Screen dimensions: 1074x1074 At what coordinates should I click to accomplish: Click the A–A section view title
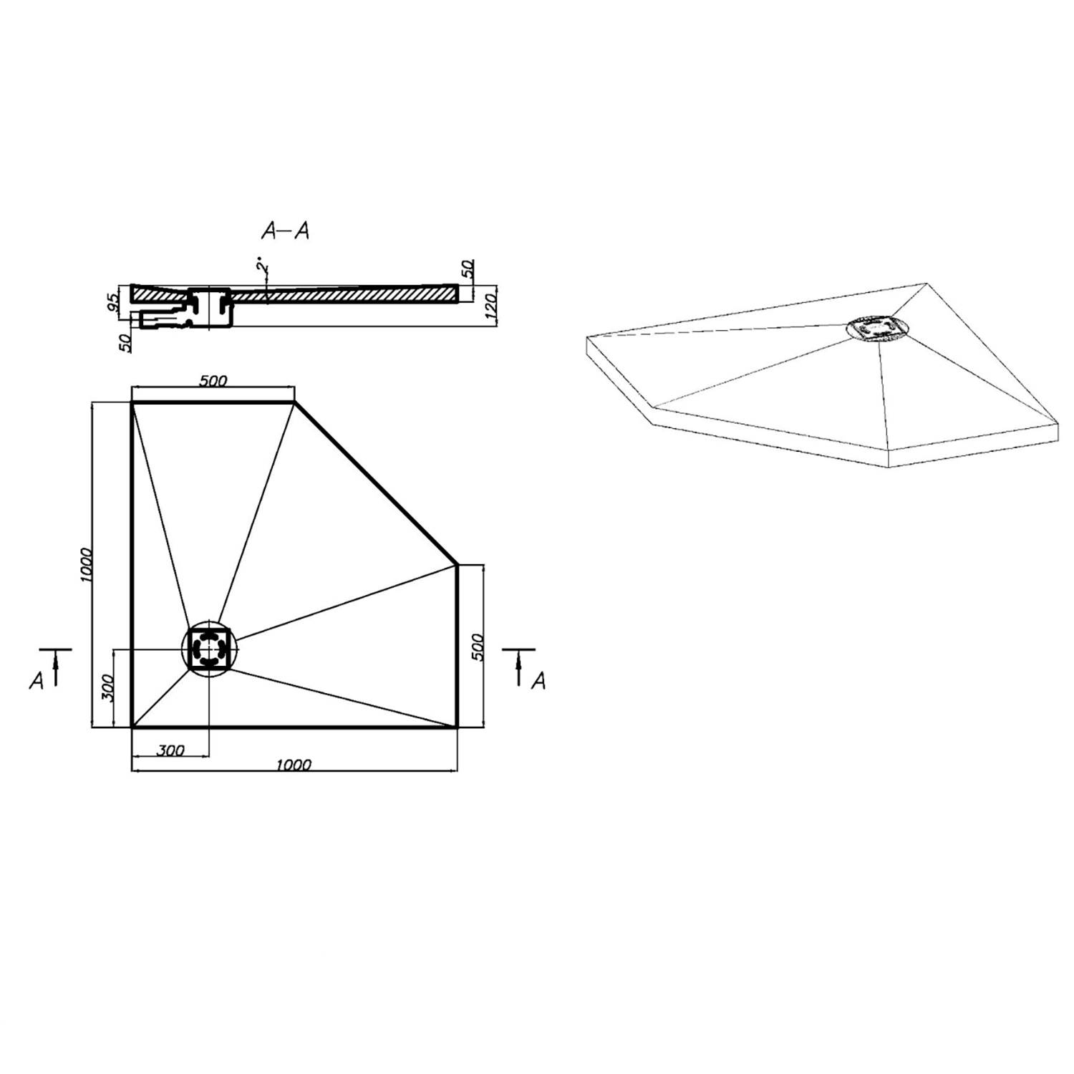click(x=285, y=231)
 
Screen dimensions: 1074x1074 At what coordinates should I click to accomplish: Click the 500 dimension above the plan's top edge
click(x=213, y=381)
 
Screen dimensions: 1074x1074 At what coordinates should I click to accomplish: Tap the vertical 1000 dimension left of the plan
click(x=86, y=565)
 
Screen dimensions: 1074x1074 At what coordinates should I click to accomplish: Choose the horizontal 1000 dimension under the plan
click(x=294, y=765)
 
